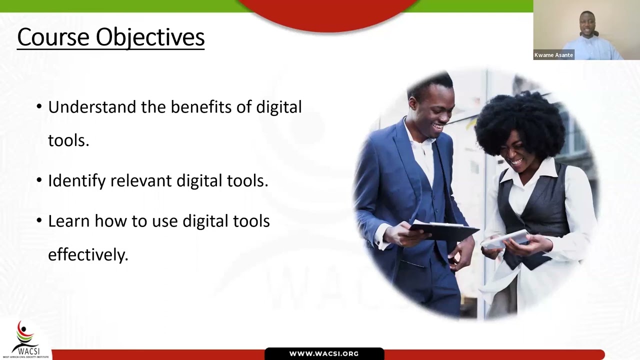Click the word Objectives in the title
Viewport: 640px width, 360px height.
tap(150, 37)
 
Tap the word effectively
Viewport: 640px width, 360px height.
tap(88, 254)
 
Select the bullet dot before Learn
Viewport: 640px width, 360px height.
tap(39, 221)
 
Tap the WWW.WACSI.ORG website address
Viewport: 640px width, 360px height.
tap(324, 354)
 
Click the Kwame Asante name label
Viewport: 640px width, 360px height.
tap(553, 55)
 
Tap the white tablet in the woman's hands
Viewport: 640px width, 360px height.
tap(505, 239)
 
